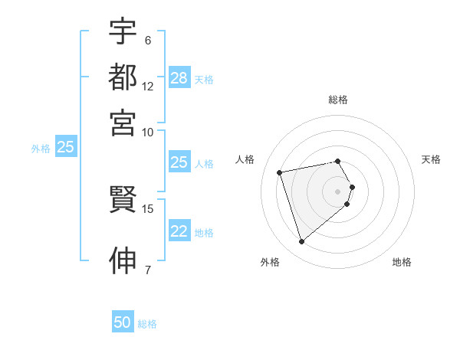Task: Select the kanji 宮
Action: tap(123, 123)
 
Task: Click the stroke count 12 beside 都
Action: tap(148, 87)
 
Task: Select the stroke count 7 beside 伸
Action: tap(148, 269)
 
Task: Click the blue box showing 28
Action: tap(179, 78)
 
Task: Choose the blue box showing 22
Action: tap(179, 231)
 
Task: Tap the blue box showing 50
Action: tap(123, 322)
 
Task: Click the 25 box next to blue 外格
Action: tap(65, 147)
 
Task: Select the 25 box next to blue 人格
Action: tap(179, 162)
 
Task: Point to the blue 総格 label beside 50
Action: tap(147, 324)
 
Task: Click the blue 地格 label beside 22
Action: tap(204, 233)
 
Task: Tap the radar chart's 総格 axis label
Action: tap(338, 100)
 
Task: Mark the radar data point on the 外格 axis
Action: tap(301, 242)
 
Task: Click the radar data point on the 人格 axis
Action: tap(280, 172)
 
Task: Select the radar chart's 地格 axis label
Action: tap(402, 262)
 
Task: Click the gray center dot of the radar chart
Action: tap(338, 191)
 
